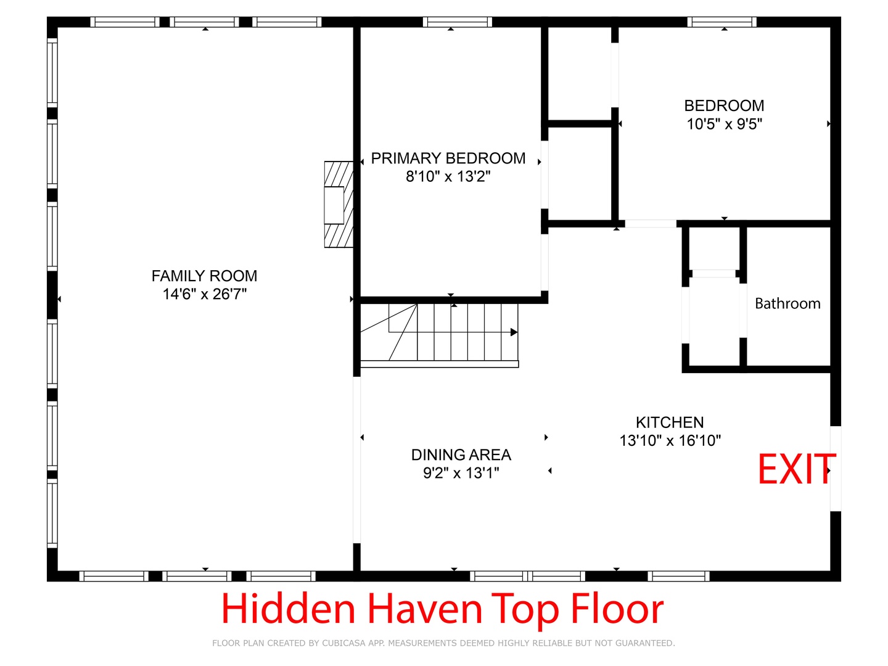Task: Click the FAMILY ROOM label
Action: pyautogui.click(x=204, y=276)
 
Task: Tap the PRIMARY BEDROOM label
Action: pyautogui.click(x=448, y=158)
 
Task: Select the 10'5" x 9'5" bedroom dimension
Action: pyautogui.click(x=724, y=124)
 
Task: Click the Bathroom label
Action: pyautogui.click(x=787, y=303)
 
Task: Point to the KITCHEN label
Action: pyautogui.click(x=670, y=422)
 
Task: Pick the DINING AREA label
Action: pyautogui.click(x=461, y=454)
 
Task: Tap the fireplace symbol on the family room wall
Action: pyautogui.click(x=339, y=204)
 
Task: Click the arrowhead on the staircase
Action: pyautogui.click(x=514, y=332)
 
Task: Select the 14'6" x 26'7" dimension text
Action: pyautogui.click(x=204, y=294)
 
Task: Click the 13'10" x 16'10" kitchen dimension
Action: pyautogui.click(x=670, y=440)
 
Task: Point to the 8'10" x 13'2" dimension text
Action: pyautogui.click(x=448, y=176)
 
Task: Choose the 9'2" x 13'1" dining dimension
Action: pyautogui.click(x=461, y=473)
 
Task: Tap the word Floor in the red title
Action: pyautogui.click(x=617, y=609)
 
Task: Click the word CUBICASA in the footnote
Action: pyautogui.click(x=342, y=643)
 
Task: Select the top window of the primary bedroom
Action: pyautogui.click(x=458, y=22)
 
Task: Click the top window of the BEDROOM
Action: pyautogui.click(x=721, y=22)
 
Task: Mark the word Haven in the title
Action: pyautogui.click(x=425, y=609)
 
